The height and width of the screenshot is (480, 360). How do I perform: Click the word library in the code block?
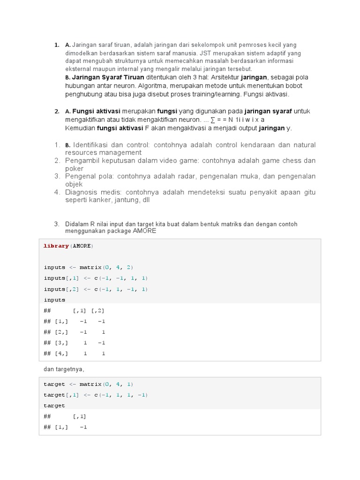click(56, 246)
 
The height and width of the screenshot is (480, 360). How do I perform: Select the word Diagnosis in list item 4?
click(82, 192)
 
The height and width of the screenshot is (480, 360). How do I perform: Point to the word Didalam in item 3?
click(76, 224)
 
